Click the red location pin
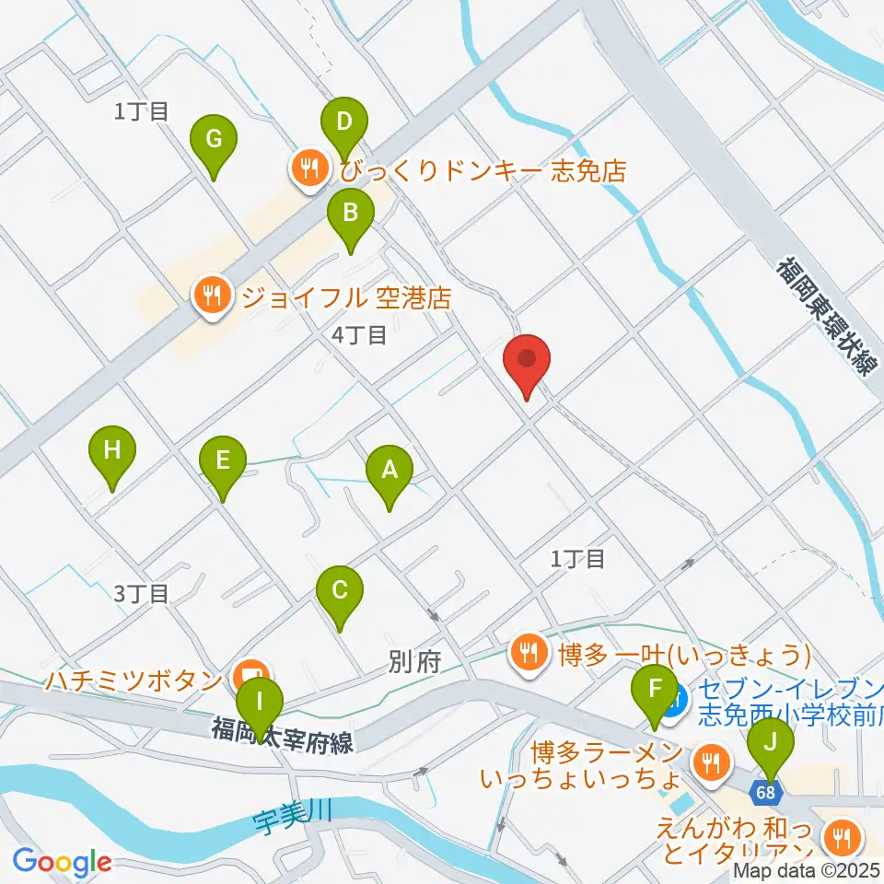(528, 366)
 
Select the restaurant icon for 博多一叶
(528, 654)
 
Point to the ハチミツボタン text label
(132, 681)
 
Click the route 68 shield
(767, 791)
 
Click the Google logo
(62, 862)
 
